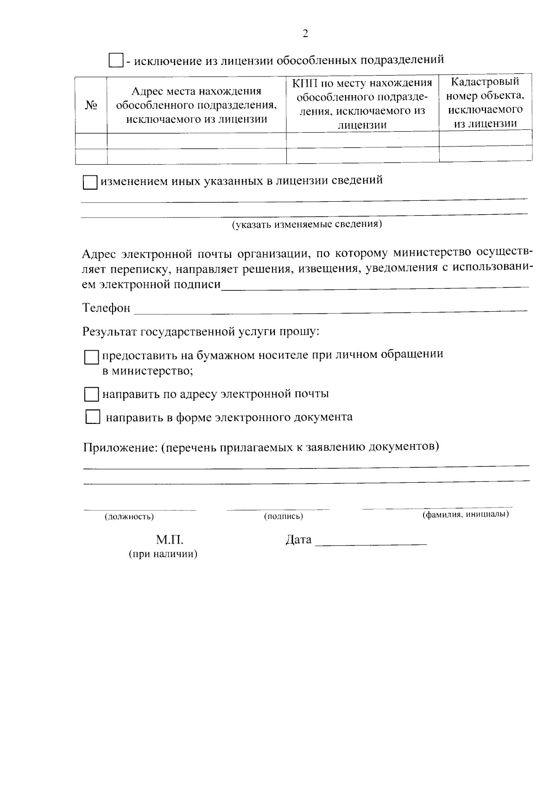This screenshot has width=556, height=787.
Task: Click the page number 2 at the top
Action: click(x=305, y=34)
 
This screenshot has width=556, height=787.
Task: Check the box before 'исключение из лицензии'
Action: click(x=115, y=60)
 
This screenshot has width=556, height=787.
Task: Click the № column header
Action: click(x=91, y=105)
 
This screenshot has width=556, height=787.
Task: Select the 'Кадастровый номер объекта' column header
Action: click(x=485, y=102)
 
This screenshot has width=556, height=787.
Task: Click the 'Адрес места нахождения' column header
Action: click(x=196, y=105)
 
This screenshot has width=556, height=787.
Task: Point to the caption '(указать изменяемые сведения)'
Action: click(x=307, y=224)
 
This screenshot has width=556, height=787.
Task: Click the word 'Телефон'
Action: click(x=106, y=308)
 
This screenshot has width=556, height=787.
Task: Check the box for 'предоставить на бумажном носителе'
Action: click(x=92, y=358)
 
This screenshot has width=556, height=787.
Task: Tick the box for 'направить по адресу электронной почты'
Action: click(x=92, y=395)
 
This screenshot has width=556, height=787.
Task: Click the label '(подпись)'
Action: click(x=283, y=516)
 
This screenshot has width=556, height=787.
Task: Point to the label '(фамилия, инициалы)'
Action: click(x=465, y=514)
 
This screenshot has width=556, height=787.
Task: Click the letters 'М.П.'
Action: click(x=170, y=540)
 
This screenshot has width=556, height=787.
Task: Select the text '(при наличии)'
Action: click(x=163, y=554)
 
